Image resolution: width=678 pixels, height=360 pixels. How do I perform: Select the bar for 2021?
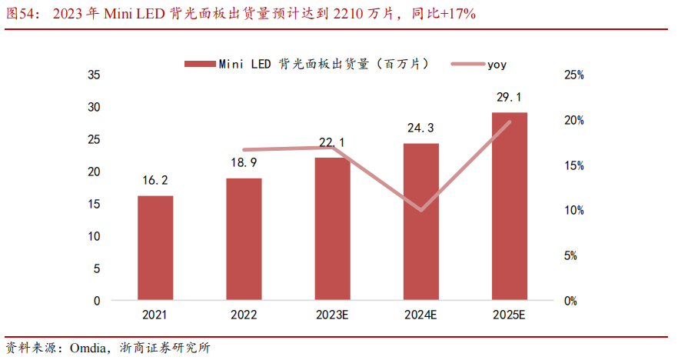click(155, 248)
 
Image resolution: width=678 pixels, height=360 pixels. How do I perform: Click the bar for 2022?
click(244, 239)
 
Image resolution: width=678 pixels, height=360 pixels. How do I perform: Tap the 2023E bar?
click(332, 228)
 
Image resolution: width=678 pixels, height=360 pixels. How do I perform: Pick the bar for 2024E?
click(420, 222)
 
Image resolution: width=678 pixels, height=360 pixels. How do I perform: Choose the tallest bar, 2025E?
click(509, 206)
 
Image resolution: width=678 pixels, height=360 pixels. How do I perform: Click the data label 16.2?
click(155, 181)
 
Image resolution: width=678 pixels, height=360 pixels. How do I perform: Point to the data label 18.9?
click(244, 163)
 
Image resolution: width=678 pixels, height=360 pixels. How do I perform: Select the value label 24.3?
click(420, 128)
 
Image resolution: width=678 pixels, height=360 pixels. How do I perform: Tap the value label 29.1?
click(509, 97)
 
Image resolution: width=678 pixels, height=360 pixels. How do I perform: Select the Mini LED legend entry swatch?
click(198, 64)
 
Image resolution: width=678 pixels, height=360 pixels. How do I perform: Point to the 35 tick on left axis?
click(95, 75)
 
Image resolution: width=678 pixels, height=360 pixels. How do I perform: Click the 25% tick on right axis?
click(574, 75)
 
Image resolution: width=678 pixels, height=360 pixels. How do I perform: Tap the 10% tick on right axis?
click(574, 211)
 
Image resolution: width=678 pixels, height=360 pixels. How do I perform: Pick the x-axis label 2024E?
click(420, 315)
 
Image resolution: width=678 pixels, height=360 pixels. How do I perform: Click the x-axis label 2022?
click(244, 315)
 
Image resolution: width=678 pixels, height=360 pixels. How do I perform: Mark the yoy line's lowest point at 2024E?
click(420, 210)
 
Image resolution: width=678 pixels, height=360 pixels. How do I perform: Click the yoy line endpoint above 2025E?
click(509, 122)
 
